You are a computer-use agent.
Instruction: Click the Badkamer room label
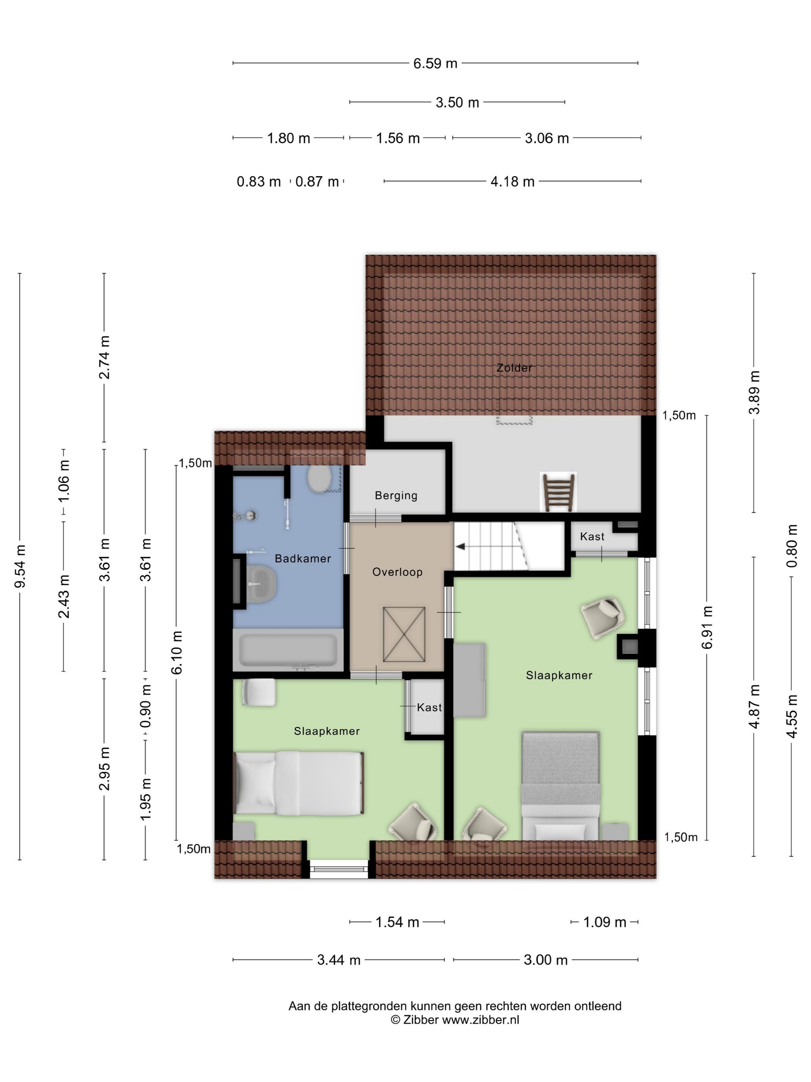(303, 558)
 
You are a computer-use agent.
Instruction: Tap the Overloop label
(397, 572)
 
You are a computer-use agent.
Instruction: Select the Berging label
(396, 495)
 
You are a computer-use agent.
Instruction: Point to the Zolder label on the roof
(514, 367)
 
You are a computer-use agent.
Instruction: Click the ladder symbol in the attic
(558, 492)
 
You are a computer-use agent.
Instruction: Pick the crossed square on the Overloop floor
(404, 634)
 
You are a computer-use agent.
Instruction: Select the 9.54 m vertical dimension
(20, 566)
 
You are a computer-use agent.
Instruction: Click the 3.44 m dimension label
(339, 960)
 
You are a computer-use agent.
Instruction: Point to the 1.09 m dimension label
(605, 922)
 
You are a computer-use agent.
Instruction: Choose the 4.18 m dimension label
(512, 182)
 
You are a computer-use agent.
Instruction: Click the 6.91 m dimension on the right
(707, 627)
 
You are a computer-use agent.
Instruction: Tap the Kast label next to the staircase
(592, 537)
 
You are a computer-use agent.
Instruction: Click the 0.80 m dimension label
(792, 546)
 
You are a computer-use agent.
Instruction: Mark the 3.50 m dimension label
(457, 103)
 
